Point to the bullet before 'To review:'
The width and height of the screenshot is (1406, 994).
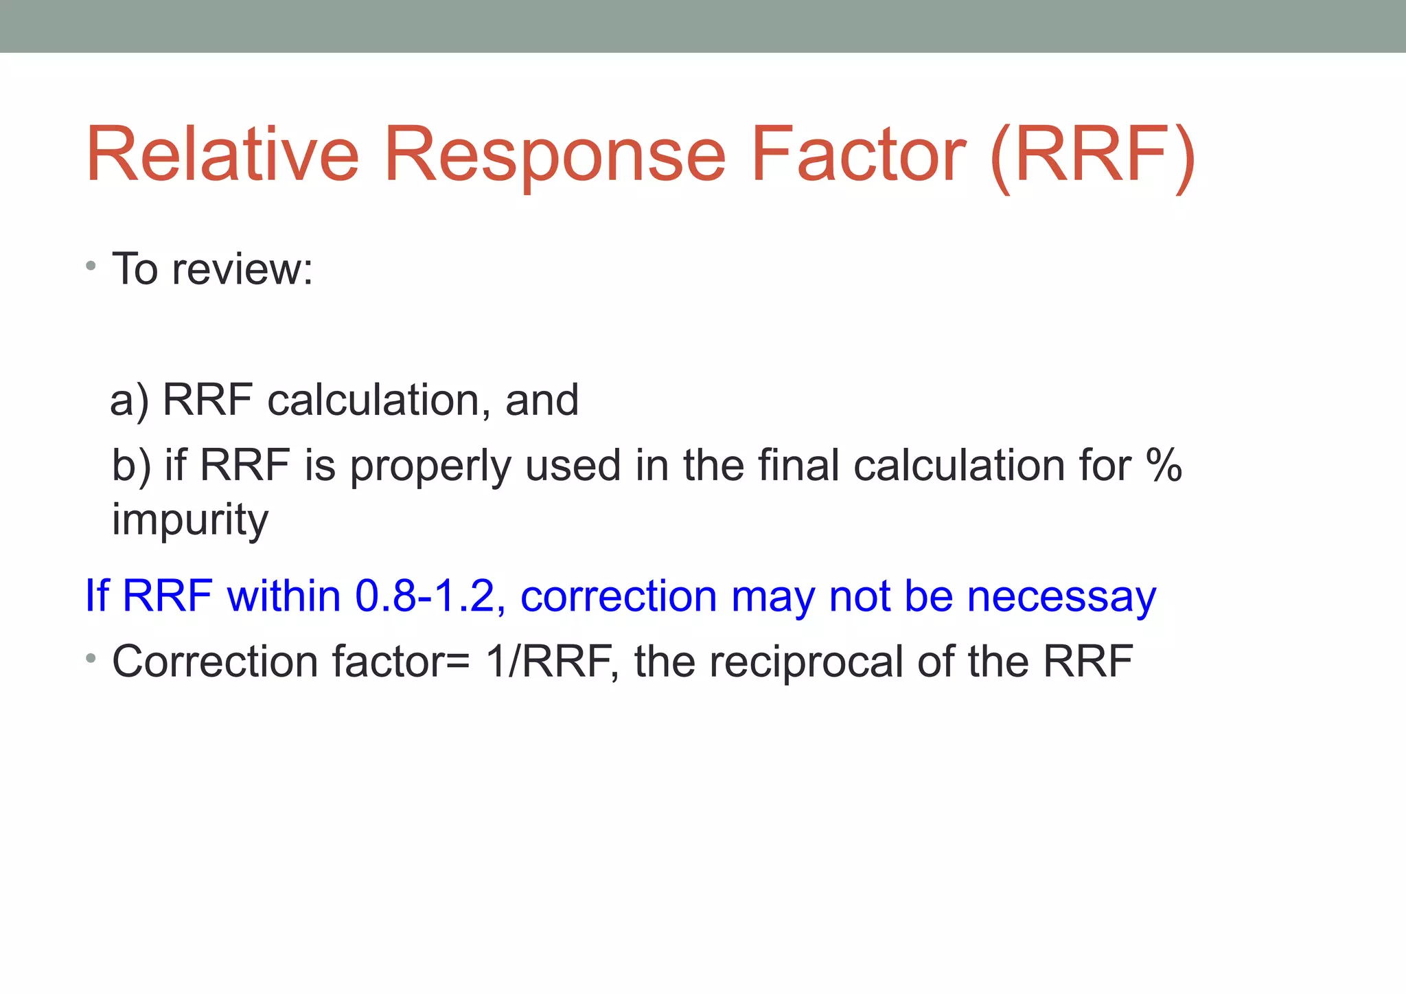pos(91,266)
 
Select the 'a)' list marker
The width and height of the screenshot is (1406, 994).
pos(129,400)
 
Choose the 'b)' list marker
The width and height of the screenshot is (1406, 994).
pos(130,466)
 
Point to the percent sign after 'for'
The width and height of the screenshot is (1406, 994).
pos(1164,466)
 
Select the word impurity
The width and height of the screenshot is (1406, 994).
pos(190,520)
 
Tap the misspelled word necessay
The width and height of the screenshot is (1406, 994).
pos(1061,596)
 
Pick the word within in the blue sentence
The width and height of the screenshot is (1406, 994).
pos(284,596)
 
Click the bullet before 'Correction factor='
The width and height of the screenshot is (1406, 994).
pos(91,659)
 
